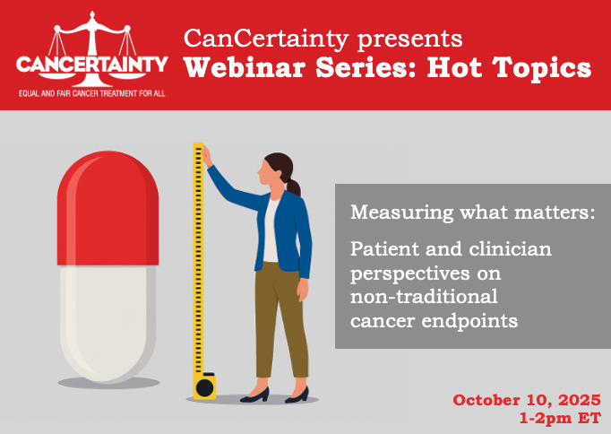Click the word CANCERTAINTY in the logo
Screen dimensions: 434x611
click(91, 65)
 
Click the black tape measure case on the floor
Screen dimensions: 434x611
click(204, 386)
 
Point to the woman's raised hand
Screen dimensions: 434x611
click(205, 155)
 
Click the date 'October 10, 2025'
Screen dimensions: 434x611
click(525, 400)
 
